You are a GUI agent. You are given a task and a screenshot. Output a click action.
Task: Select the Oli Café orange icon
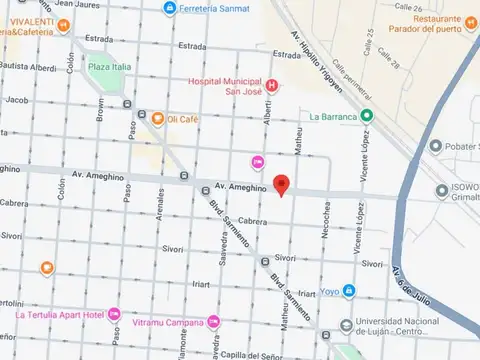point(157,119)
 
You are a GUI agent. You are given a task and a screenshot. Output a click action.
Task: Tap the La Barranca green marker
point(367,115)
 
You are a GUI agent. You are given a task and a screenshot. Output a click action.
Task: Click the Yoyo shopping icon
point(349,291)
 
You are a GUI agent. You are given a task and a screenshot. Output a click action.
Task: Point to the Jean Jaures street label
point(76,5)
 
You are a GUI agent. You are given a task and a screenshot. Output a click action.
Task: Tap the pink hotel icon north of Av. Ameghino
point(258,162)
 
